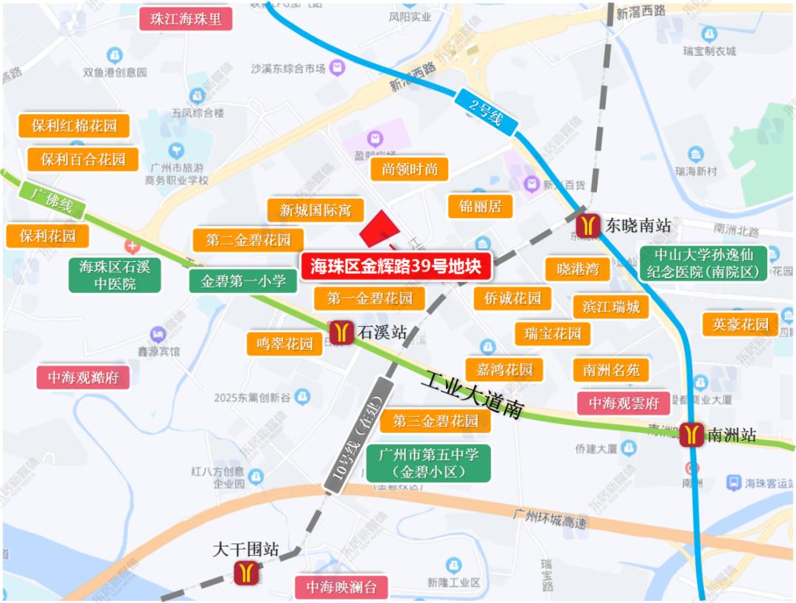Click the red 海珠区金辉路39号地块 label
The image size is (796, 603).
click(396, 266)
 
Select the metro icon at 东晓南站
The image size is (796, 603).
click(590, 225)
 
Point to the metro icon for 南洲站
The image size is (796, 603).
click(692, 434)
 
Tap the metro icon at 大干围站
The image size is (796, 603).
click(246, 572)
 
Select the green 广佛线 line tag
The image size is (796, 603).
click(52, 200)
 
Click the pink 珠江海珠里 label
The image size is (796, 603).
click(186, 19)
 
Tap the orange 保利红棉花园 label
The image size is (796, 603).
click(74, 125)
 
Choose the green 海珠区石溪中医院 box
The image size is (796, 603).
click(114, 275)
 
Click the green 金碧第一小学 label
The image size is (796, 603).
click(243, 281)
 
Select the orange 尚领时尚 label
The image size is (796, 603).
click(409, 169)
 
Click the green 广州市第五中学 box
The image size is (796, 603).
click(428, 463)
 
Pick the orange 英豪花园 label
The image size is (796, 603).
click(740, 324)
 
